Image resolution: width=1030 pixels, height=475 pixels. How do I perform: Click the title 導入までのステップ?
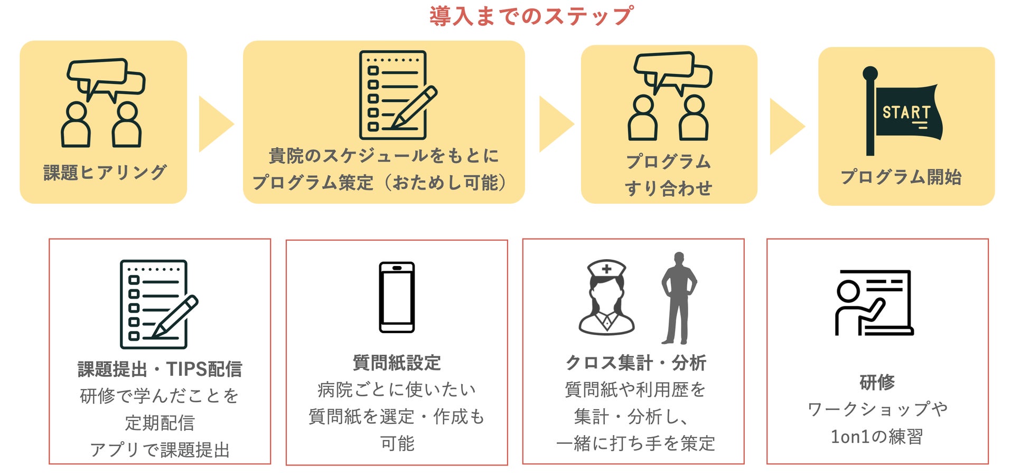tap(531, 16)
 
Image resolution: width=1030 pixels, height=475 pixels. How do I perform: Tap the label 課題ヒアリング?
tap(105, 172)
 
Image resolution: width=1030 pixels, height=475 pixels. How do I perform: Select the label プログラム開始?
tap(901, 177)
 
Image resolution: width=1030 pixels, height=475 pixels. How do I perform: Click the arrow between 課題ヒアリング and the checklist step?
tap(215, 124)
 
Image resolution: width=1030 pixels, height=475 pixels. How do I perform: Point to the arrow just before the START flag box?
tap(786, 126)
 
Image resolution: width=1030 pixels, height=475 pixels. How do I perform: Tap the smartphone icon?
tap(397, 297)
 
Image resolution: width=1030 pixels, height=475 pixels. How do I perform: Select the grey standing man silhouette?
tap(678, 298)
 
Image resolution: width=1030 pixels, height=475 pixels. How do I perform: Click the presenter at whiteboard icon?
tap(874, 302)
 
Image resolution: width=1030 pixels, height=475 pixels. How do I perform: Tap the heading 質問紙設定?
tap(397, 363)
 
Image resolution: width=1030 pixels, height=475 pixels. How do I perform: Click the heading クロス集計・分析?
tap(635, 363)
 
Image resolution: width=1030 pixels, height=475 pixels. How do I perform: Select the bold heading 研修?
tap(877, 382)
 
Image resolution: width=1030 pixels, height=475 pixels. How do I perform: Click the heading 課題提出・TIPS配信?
tap(160, 369)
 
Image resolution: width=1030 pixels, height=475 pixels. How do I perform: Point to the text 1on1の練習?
tap(877, 436)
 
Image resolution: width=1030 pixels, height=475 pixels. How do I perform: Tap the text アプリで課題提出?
tap(160, 450)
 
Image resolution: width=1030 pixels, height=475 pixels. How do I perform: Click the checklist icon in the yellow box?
tap(396, 95)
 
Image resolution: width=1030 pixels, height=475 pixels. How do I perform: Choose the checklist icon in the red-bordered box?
tap(157, 304)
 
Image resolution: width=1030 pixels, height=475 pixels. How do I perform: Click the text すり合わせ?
tap(668, 188)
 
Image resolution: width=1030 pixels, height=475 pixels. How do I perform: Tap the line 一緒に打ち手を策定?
tap(635, 443)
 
